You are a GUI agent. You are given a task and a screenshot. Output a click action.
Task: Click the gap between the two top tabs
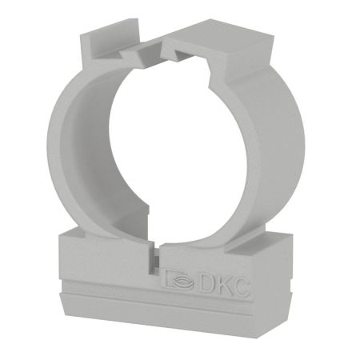click(152, 50)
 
